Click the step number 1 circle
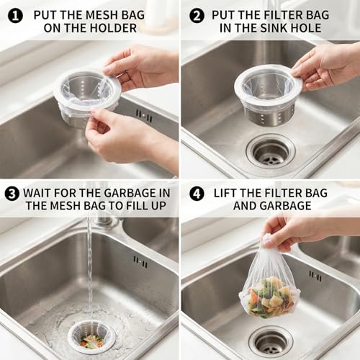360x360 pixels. (15, 16)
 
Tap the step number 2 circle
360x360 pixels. (197, 16)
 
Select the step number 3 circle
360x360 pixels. (12, 194)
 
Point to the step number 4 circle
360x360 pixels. (197, 194)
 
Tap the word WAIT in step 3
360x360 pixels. (37, 193)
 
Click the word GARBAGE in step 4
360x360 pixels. (286, 206)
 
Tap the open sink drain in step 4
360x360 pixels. (271, 341)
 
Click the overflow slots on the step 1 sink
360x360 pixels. (144, 117)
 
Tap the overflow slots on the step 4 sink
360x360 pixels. (315, 276)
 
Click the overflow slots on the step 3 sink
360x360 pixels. (140, 262)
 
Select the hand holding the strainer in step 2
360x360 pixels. (326, 66)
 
